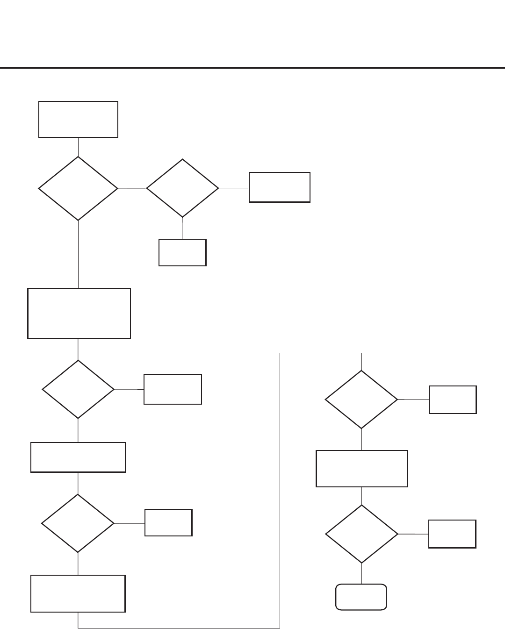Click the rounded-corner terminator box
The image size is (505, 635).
tap(361, 597)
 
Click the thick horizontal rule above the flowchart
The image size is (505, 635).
tap(252, 68)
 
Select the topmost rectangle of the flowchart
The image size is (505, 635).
tap(78, 119)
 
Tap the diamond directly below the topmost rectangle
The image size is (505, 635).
tap(78, 188)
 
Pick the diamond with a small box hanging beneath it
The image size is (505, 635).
tap(182, 188)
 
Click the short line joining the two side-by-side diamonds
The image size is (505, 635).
tap(132, 188)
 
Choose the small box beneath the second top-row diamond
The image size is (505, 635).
tap(182, 252)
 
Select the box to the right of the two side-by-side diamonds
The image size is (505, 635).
tap(279, 187)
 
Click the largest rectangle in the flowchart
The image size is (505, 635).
tap(79, 313)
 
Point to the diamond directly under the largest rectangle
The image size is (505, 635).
tap(78, 389)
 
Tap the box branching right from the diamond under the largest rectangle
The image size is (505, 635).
tap(173, 389)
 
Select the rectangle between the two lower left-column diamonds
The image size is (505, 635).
tap(78, 457)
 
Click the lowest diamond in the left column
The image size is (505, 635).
tap(78, 523)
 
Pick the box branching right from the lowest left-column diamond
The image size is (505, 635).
tap(168, 522)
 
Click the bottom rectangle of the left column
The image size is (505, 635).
tap(78, 593)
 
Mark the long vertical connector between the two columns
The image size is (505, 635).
tap(280, 491)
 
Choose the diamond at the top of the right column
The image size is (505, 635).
tap(361, 400)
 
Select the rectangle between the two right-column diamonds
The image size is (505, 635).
tap(361, 469)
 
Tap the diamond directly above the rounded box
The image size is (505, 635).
tap(361, 534)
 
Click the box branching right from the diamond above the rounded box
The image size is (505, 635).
tap(452, 534)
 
